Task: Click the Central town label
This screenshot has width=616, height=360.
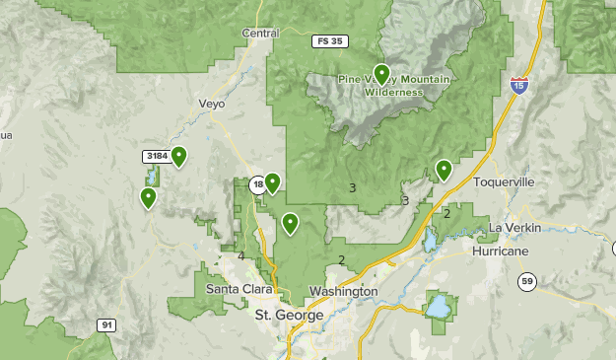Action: [260, 33]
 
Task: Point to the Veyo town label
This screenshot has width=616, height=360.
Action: [212, 103]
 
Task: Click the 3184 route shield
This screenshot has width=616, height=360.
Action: [156, 156]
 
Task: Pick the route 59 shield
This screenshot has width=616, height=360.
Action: [527, 282]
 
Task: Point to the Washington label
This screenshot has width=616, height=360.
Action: [343, 292]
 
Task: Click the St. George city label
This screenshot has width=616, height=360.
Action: [289, 315]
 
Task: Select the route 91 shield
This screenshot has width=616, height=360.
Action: [106, 324]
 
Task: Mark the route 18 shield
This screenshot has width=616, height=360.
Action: [257, 184]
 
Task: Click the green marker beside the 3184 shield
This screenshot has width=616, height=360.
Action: [179, 156]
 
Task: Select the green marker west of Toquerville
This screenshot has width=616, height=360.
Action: [444, 170]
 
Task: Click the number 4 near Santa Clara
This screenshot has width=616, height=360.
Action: [240, 256]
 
